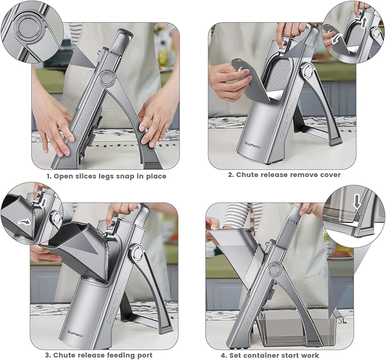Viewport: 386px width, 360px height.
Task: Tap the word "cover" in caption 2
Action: (329, 175)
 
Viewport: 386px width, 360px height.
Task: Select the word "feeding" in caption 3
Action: (116, 355)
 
